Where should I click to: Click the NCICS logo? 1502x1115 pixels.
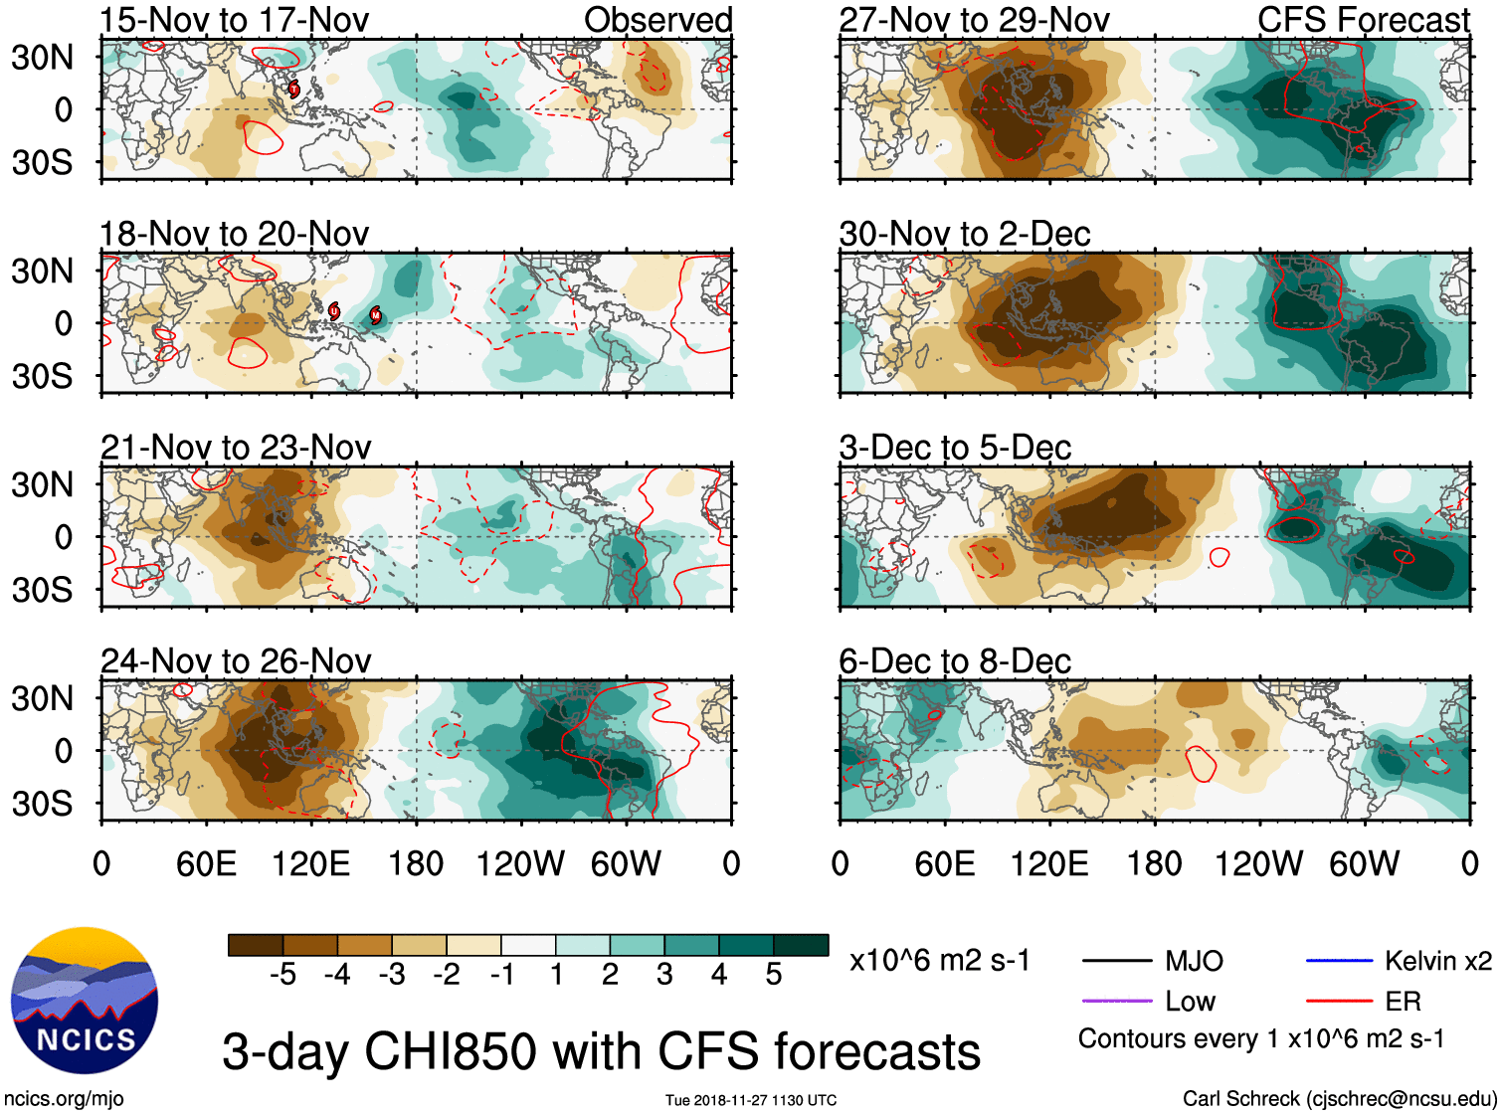coord(85,1001)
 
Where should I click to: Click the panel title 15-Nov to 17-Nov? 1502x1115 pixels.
coord(235,19)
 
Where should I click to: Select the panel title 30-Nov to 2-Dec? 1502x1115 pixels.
coord(965,234)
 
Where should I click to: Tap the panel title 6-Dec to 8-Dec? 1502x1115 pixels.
coord(955,661)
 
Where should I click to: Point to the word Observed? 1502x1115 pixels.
coord(658,19)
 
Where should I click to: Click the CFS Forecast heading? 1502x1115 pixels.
coord(1364,19)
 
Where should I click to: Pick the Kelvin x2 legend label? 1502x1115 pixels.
coord(1438,961)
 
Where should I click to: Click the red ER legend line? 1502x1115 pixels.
coord(1339,1002)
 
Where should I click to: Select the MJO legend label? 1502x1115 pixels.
coord(1194,961)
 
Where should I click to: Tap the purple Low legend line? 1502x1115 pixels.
coord(1117,1002)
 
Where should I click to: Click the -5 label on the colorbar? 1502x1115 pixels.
coord(282,975)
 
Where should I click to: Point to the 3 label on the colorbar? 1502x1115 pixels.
coord(664,975)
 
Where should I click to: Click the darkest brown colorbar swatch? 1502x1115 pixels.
coord(256,945)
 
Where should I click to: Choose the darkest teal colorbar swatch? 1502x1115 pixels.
coord(801,945)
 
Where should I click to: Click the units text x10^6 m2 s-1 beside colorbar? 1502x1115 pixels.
coord(940,961)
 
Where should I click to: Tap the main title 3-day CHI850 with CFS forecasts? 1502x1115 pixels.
coord(601,1051)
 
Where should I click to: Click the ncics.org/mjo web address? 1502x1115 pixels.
coord(64,1099)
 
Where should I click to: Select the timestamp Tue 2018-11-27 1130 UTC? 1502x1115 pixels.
coord(751,1100)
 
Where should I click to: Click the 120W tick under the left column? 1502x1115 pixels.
coord(520,863)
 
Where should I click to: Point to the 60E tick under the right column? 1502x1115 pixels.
coord(945,863)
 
